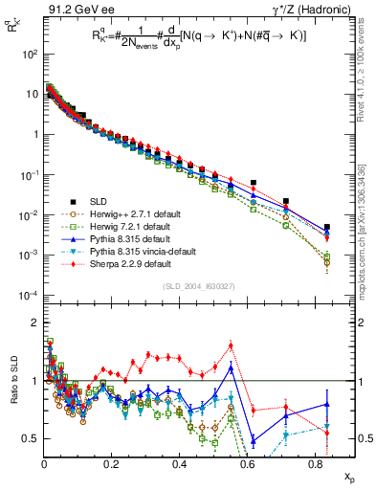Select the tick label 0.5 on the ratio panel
(32, 438)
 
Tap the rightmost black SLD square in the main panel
(327, 228)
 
